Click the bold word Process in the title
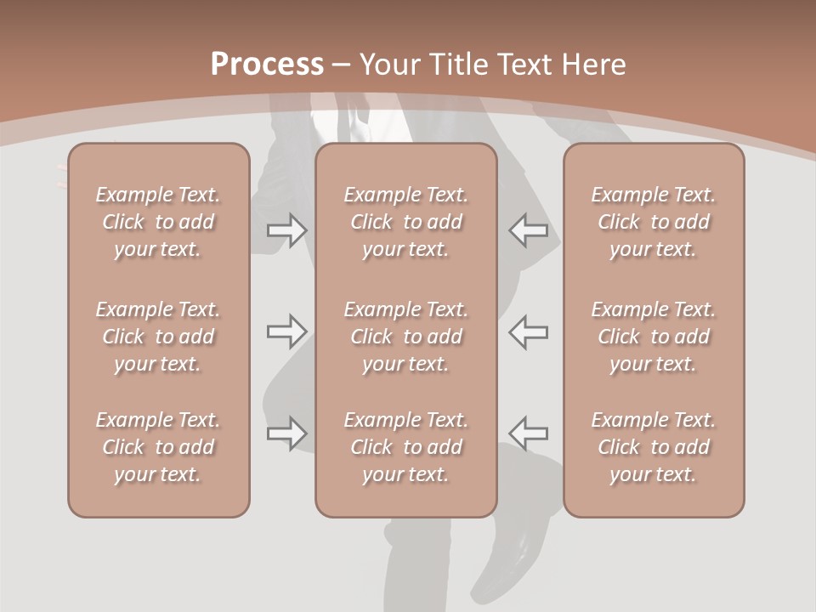click(267, 65)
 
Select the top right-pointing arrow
click(287, 230)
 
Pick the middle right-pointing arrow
click(287, 331)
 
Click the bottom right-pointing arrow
click(287, 433)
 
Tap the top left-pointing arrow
click(529, 230)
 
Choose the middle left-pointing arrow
click(529, 331)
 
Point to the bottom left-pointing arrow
click(529, 433)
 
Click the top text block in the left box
click(158, 222)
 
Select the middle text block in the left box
click(158, 337)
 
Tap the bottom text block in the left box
click(158, 447)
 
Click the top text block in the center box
click(405, 222)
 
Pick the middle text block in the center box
click(405, 337)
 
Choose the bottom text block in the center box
click(405, 447)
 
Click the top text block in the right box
click(653, 222)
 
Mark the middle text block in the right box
click(653, 337)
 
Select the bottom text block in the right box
click(653, 447)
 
